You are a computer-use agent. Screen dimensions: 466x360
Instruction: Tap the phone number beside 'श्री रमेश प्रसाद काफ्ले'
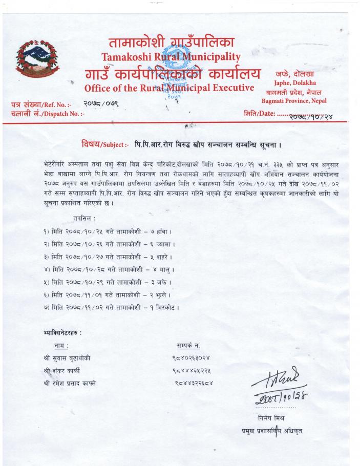pyautogui.click(x=194, y=383)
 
